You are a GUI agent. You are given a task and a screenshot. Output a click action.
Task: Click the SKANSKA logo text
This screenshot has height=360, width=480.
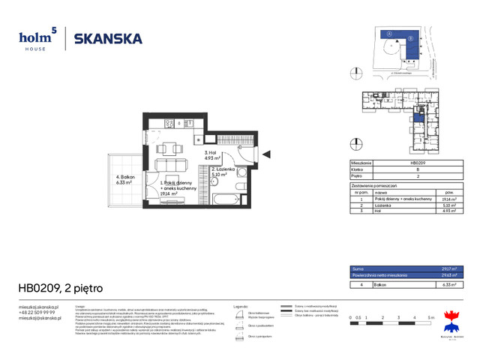[108, 39]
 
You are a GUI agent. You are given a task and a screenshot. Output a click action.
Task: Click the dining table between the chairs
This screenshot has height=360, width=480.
[170, 147]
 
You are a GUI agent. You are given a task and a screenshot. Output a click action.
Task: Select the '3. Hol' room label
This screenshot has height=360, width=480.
[211, 154]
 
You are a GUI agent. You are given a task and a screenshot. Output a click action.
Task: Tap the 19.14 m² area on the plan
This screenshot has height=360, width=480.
[169, 193]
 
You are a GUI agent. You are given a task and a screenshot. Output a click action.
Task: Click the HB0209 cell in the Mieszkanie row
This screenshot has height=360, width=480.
[418, 163]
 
